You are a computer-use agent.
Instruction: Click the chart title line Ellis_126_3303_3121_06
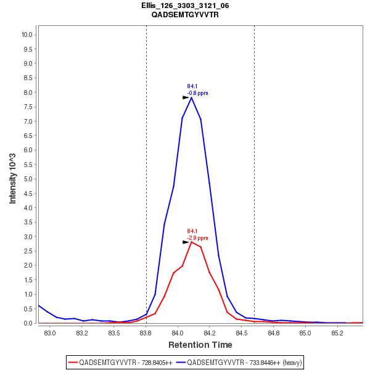tap(185, 6)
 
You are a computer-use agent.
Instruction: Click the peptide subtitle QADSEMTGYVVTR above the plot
tap(185, 14)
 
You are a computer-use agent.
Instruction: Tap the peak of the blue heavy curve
tap(192, 97)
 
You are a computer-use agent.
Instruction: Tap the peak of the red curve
tap(192, 242)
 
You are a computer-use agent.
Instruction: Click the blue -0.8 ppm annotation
tap(198, 93)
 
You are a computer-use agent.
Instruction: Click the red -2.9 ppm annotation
tap(198, 238)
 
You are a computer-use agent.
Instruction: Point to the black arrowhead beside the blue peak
tap(186, 97)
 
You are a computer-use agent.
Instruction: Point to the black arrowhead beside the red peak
tap(186, 242)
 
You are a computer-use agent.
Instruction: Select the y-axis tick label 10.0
tap(27, 35)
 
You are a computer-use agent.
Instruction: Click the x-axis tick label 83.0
tap(51, 333)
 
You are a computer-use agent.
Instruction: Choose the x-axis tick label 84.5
tap(241, 333)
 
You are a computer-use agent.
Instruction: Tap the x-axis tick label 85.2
tap(337, 333)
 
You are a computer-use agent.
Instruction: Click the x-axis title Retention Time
tap(200, 345)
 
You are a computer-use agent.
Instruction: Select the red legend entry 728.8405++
tap(120, 362)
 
